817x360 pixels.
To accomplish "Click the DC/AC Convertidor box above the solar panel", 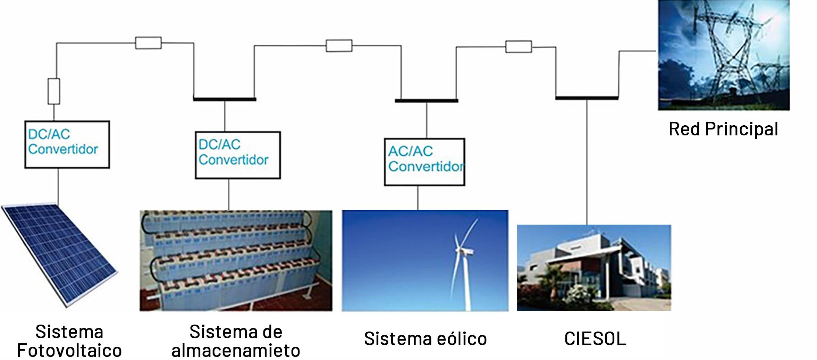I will pyautogui.click(x=67, y=144).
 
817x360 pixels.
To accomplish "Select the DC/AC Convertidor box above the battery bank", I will pyautogui.click(x=238, y=155).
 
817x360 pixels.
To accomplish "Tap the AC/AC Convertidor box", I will pyautogui.click(x=424, y=162).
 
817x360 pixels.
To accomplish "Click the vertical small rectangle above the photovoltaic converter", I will pyautogui.click(x=53, y=91).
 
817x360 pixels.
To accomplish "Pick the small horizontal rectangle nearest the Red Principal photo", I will pyautogui.click(x=518, y=47).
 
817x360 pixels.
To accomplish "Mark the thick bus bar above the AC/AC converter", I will pyautogui.click(x=426, y=101).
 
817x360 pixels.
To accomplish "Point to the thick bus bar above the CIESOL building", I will pyautogui.click(x=587, y=98).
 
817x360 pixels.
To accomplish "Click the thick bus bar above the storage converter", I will pyautogui.click(x=225, y=99).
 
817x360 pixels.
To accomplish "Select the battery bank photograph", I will pyautogui.click(x=236, y=260).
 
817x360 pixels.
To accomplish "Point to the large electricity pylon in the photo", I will pyautogui.click(x=725, y=52).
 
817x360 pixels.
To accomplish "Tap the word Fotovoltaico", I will pyautogui.click(x=69, y=351).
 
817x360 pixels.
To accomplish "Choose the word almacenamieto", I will pyautogui.click(x=236, y=351).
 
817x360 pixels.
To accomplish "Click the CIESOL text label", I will pyautogui.click(x=595, y=339).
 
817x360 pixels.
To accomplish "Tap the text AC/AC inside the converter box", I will pyautogui.click(x=410, y=151).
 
